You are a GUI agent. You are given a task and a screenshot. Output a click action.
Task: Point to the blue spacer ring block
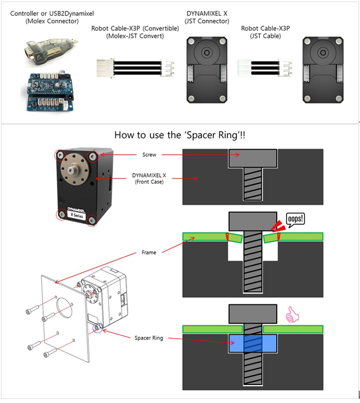click(x=253, y=343)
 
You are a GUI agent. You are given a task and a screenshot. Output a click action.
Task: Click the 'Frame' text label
click(x=149, y=253)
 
